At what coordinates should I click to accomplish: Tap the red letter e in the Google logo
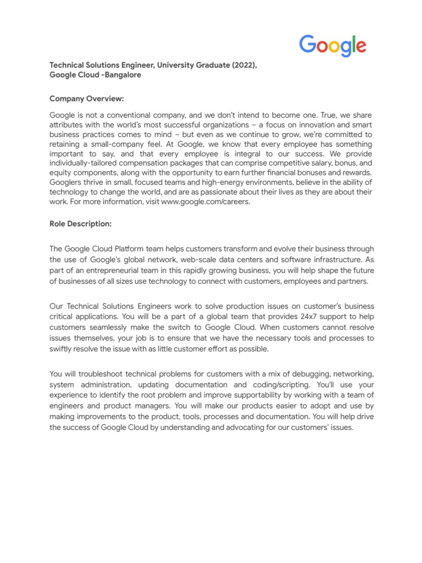[360, 46]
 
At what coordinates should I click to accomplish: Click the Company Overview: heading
[87, 98]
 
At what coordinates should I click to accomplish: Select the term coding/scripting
[285, 384]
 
